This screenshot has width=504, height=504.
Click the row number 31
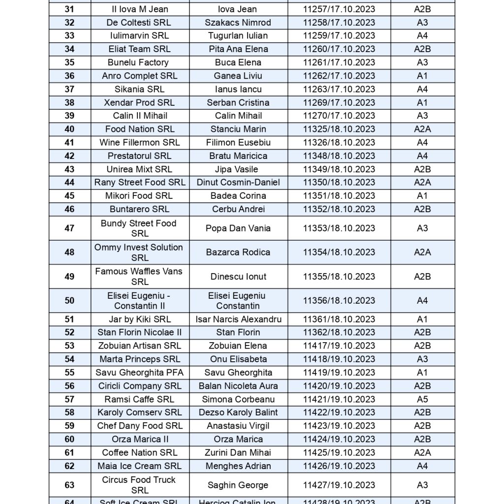pos(69,9)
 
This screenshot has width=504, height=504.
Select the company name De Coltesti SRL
pos(140,22)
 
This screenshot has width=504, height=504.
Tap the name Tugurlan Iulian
pos(238,35)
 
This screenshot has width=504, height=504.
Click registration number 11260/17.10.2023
pos(339,49)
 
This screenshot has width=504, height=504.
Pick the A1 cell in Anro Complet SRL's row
pos(422,76)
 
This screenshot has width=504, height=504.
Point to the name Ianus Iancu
pos(238,89)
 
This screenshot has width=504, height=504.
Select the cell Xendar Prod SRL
pos(140,102)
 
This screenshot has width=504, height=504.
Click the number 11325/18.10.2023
pos(339,129)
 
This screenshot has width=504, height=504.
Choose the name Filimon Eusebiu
pos(238,142)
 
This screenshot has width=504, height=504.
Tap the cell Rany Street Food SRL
pos(140,182)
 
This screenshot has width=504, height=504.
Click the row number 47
pos(69,228)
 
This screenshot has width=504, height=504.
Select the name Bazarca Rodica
pos(238,252)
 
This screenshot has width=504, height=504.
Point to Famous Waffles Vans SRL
pos(140,276)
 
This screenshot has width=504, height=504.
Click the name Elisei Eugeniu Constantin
pos(238,300)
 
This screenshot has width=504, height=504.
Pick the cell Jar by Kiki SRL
pos(140,319)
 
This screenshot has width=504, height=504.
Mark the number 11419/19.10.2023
pos(339,373)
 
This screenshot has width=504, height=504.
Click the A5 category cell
pos(422,399)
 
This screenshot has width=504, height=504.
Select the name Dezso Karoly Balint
pos(238,412)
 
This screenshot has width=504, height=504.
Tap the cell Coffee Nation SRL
pos(140,452)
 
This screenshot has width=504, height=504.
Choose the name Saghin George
pos(238,485)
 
